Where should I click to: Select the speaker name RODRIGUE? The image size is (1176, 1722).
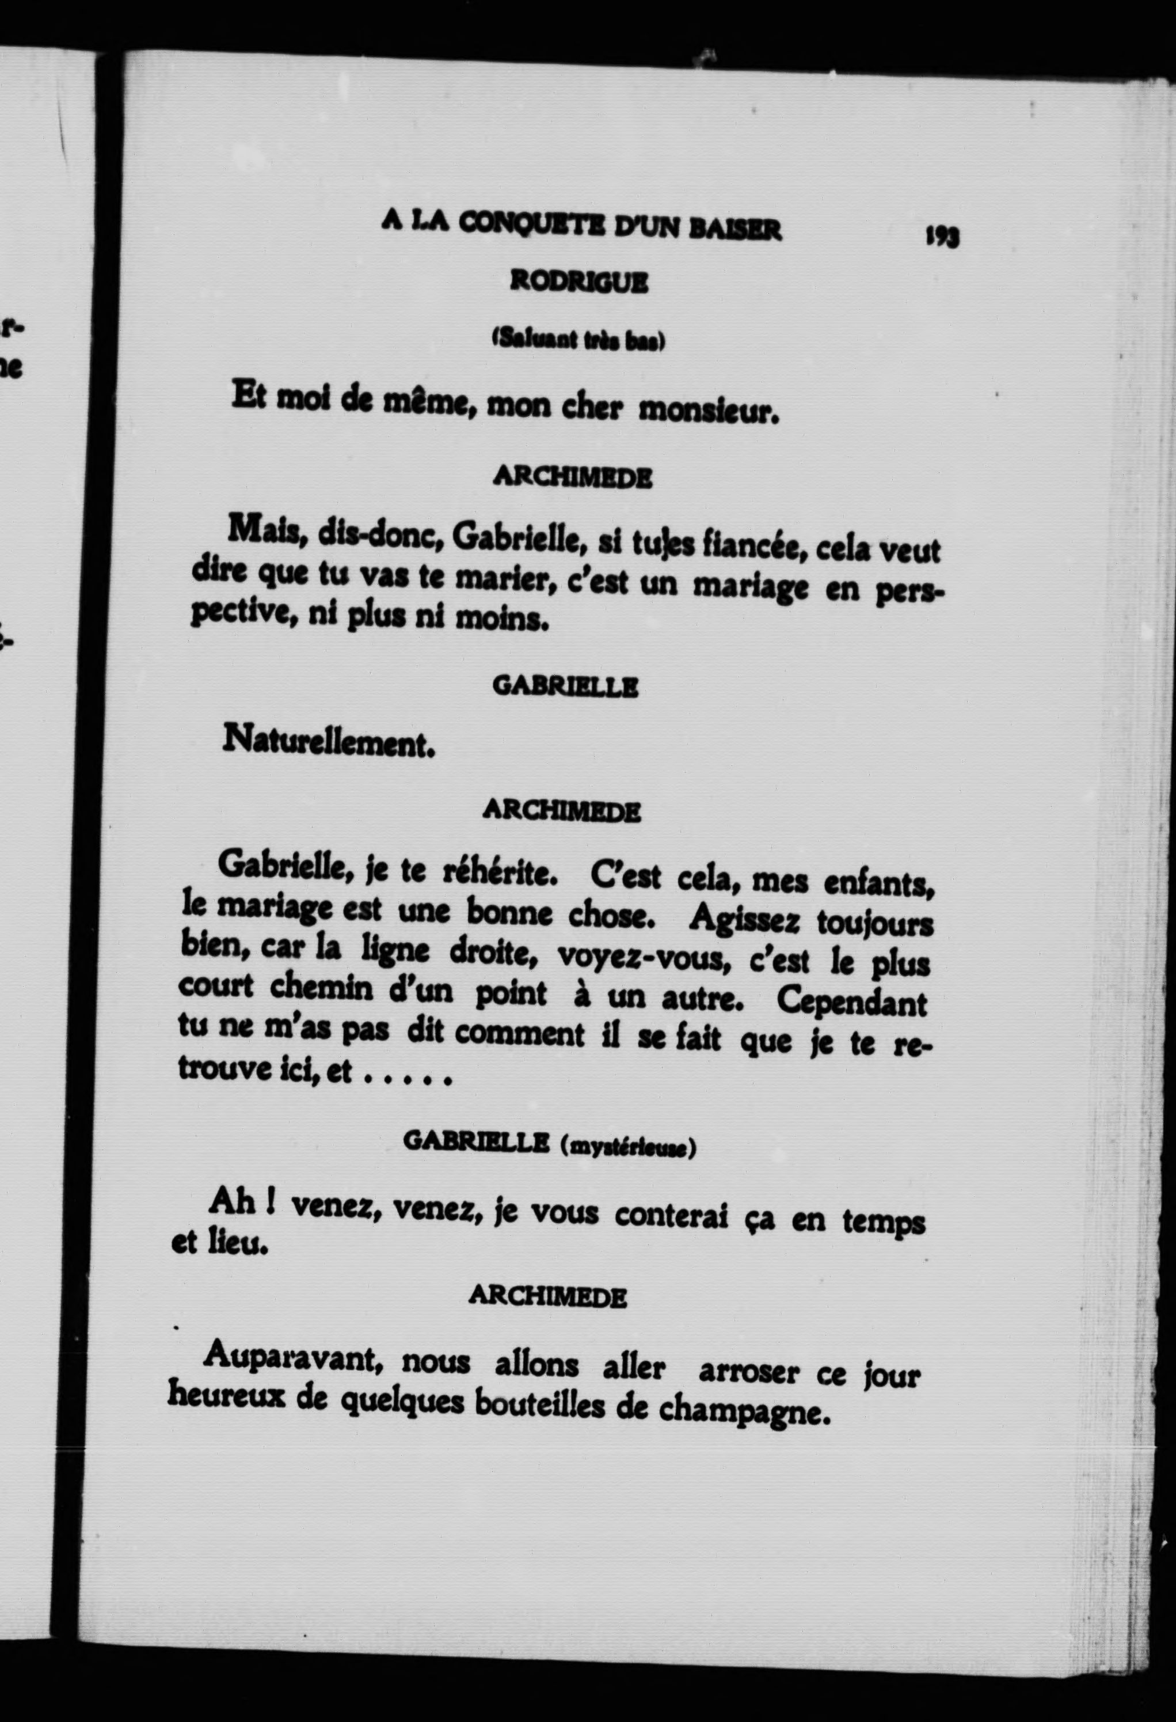(579, 283)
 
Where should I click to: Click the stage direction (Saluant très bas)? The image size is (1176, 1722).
(579, 340)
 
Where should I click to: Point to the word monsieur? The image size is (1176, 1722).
(709, 409)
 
